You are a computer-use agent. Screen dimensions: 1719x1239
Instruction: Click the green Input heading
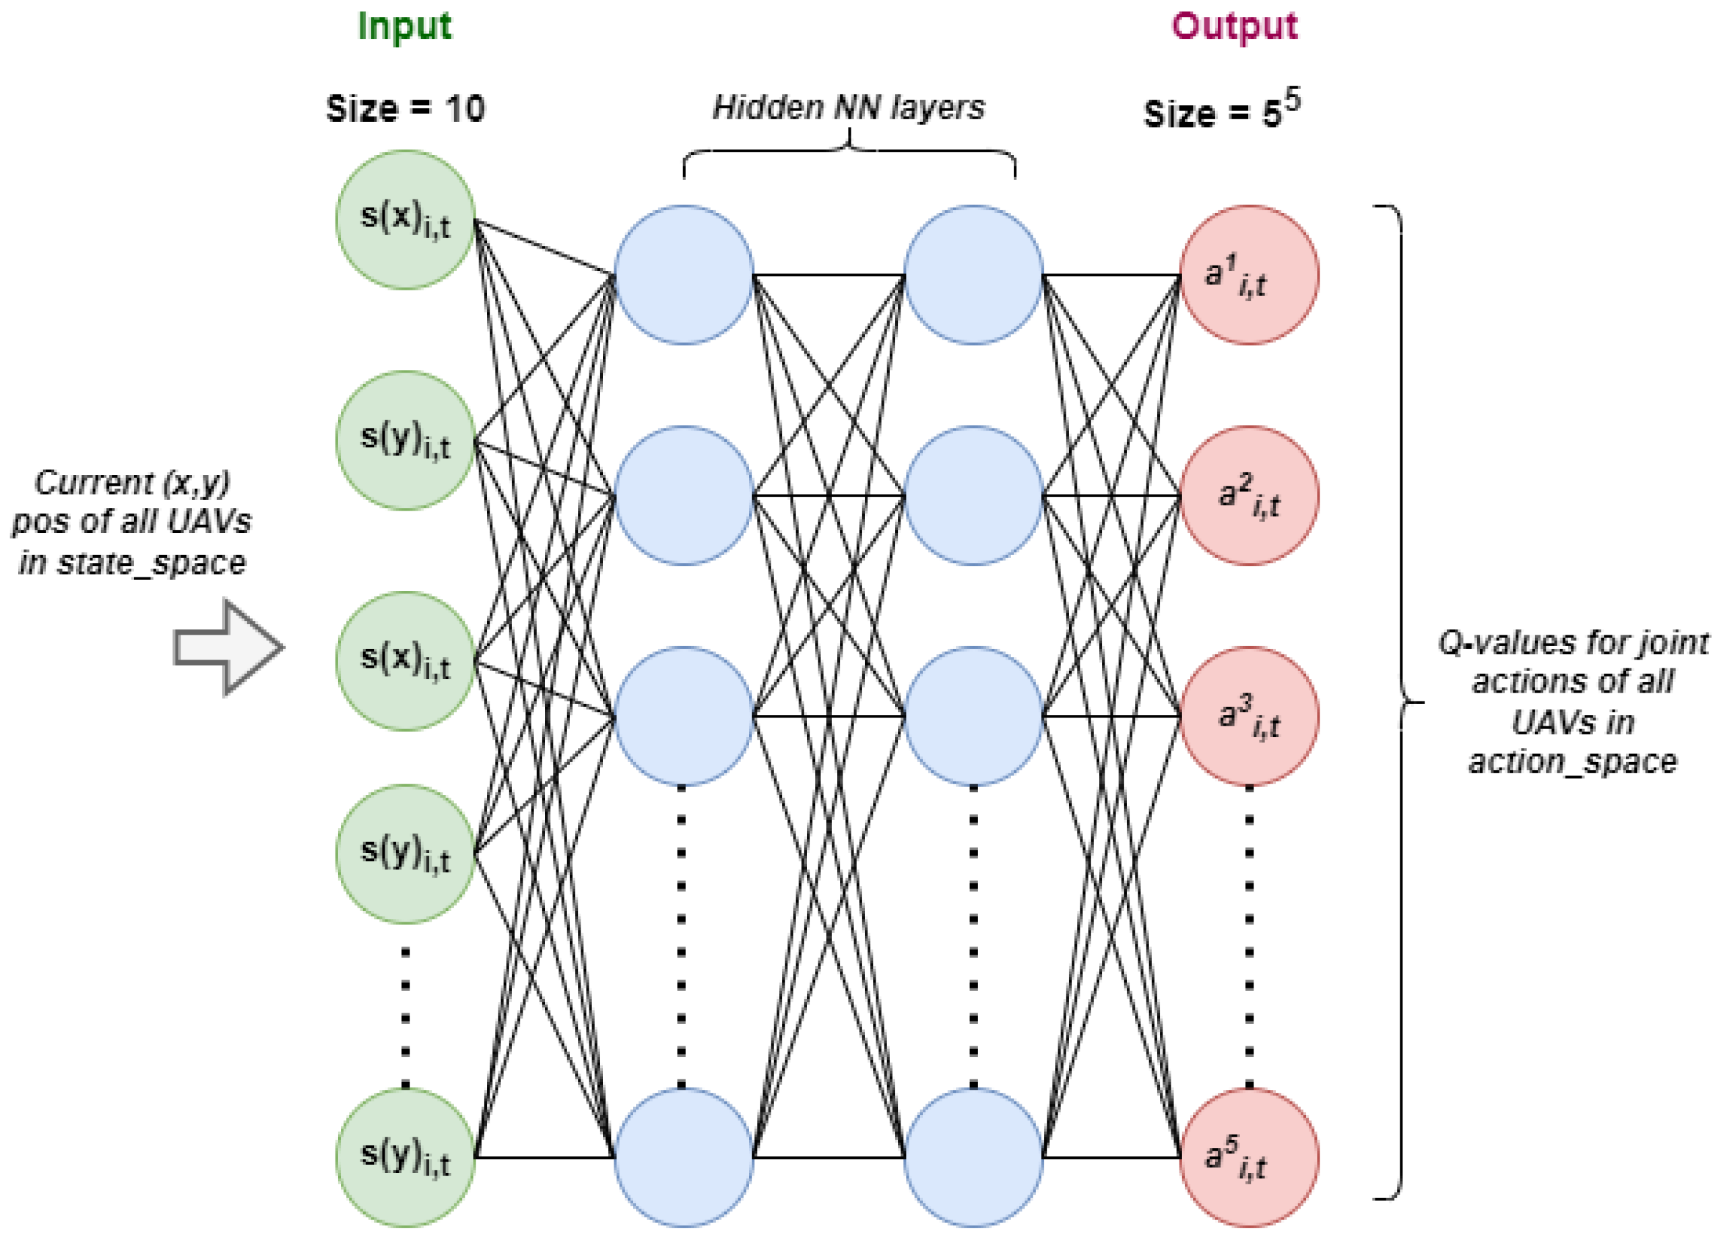pyautogui.click(x=404, y=28)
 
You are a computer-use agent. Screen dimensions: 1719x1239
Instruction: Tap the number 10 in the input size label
pyautogui.click(x=465, y=109)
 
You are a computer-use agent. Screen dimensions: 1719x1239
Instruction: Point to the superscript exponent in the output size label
pyautogui.click(x=1293, y=101)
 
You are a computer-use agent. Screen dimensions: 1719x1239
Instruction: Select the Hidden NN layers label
pyautogui.click(x=849, y=108)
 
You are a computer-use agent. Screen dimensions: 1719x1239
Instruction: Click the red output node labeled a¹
pyautogui.click(x=1249, y=274)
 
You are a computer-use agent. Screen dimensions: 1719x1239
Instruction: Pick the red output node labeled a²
pyautogui.click(x=1249, y=495)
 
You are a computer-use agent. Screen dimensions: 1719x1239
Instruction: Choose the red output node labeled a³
pyautogui.click(x=1249, y=716)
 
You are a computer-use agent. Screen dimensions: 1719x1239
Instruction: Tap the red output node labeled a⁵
pyautogui.click(x=1249, y=1157)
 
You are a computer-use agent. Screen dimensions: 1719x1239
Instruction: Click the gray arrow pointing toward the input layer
pyautogui.click(x=228, y=647)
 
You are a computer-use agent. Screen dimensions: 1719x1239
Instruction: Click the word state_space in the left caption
pyautogui.click(x=152, y=563)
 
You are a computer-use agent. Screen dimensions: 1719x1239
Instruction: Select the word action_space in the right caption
pyautogui.click(x=1573, y=761)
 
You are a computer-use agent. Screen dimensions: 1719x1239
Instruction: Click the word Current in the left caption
pyautogui.click(x=93, y=482)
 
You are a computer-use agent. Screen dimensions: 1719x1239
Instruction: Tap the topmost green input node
pyautogui.click(x=406, y=219)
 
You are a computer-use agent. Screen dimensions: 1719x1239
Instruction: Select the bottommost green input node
pyautogui.click(x=406, y=1157)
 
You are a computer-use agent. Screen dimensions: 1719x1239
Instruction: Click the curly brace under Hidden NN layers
pyautogui.click(x=849, y=151)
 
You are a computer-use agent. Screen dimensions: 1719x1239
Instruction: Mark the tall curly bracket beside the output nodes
pyautogui.click(x=1399, y=702)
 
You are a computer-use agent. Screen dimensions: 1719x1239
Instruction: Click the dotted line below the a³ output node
pyautogui.click(x=1249, y=936)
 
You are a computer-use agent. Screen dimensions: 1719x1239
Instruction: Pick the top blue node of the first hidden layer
pyautogui.click(x=684, y=274)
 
